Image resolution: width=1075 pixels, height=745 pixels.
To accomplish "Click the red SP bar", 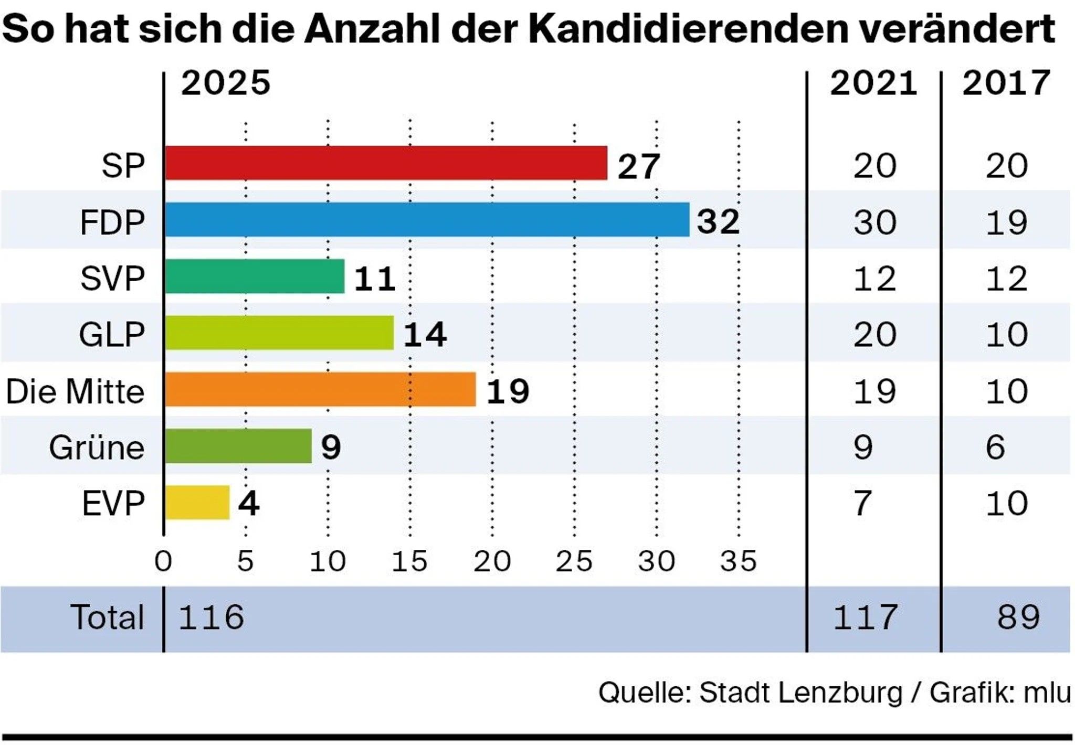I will point(386,163).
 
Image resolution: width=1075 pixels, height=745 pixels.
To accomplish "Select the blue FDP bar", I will point(427,219).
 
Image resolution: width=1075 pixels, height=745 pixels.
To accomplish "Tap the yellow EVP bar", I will point(197,502).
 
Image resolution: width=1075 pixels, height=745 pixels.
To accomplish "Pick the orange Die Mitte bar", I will point(320,389).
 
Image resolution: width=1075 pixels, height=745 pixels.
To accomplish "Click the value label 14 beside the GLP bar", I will point(425,334).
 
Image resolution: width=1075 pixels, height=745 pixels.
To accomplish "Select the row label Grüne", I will point(97,448).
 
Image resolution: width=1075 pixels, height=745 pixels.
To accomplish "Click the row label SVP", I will point(112,278).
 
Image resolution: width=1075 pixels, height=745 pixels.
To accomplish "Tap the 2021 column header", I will point(873,83).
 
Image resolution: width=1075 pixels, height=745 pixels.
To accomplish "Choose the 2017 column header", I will point(1006,83).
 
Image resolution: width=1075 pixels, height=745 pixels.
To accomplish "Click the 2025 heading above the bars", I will point(226,83).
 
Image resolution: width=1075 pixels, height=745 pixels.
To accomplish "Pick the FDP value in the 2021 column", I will point(874,222).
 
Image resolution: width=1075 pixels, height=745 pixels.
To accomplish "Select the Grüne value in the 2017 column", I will point(996,448).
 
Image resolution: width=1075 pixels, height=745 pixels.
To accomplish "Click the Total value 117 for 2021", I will point(865,617).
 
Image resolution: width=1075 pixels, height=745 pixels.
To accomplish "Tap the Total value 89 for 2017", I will point(1018,617).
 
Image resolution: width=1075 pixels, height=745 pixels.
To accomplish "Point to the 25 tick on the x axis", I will point(574,561).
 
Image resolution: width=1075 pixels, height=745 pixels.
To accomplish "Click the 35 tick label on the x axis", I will point(739,561).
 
